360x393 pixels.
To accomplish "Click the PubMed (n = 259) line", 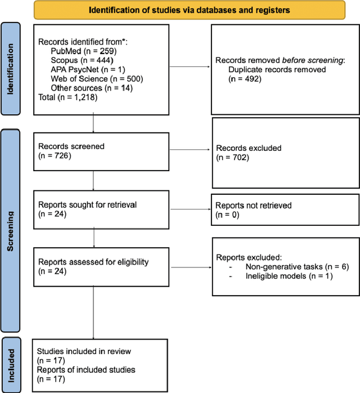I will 83,51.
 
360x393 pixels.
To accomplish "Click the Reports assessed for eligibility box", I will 100,266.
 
